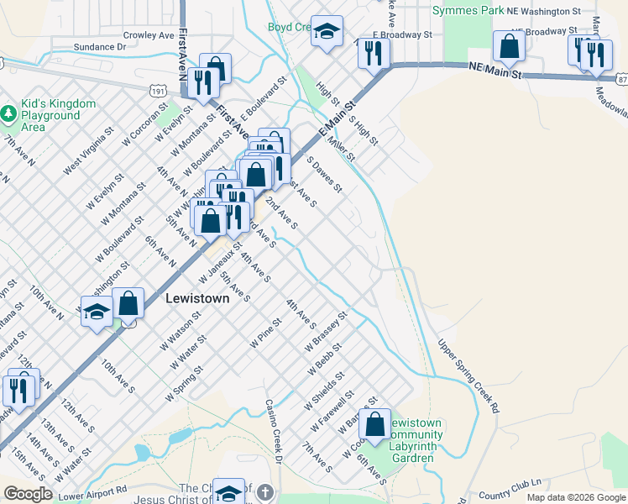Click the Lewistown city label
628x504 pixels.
coord(197,297)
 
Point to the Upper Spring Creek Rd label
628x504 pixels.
coord(468,375)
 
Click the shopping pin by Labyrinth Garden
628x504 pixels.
coord(377,423)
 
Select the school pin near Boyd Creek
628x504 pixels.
coord(327,32)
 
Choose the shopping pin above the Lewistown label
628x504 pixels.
coord(128,304)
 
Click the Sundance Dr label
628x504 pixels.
coord(99,47)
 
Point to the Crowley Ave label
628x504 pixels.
coord(148,35)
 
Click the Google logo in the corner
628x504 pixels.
coord(28,494)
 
